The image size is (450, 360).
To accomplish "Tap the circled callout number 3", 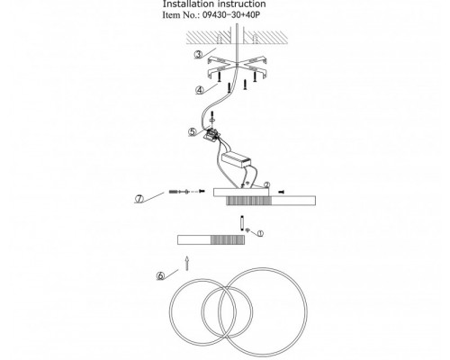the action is click(198, 55).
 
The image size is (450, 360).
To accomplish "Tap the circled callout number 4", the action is click(200, 90).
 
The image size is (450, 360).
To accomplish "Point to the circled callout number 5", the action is click(193, 131).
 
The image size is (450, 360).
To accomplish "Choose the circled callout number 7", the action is click(139, 199).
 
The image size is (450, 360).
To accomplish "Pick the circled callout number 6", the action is click(161, 275).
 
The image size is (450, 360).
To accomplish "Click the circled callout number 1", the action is click(260, 233).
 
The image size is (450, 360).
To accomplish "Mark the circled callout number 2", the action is click(266, 185).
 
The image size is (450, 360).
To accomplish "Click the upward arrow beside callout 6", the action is click(187, 263).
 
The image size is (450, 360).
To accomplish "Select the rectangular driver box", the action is click(236, 159).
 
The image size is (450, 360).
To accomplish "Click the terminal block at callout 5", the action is click(212, 133).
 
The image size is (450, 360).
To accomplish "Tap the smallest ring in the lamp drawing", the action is click(202, 312).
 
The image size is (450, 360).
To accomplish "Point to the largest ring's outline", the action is click(306, 312).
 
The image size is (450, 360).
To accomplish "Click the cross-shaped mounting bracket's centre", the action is click(237, 65).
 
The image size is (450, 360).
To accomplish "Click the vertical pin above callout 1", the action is click(242, 223).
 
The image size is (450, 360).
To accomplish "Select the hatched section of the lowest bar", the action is click(228, 240).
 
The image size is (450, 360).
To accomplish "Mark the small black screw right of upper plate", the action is click(282, 192).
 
